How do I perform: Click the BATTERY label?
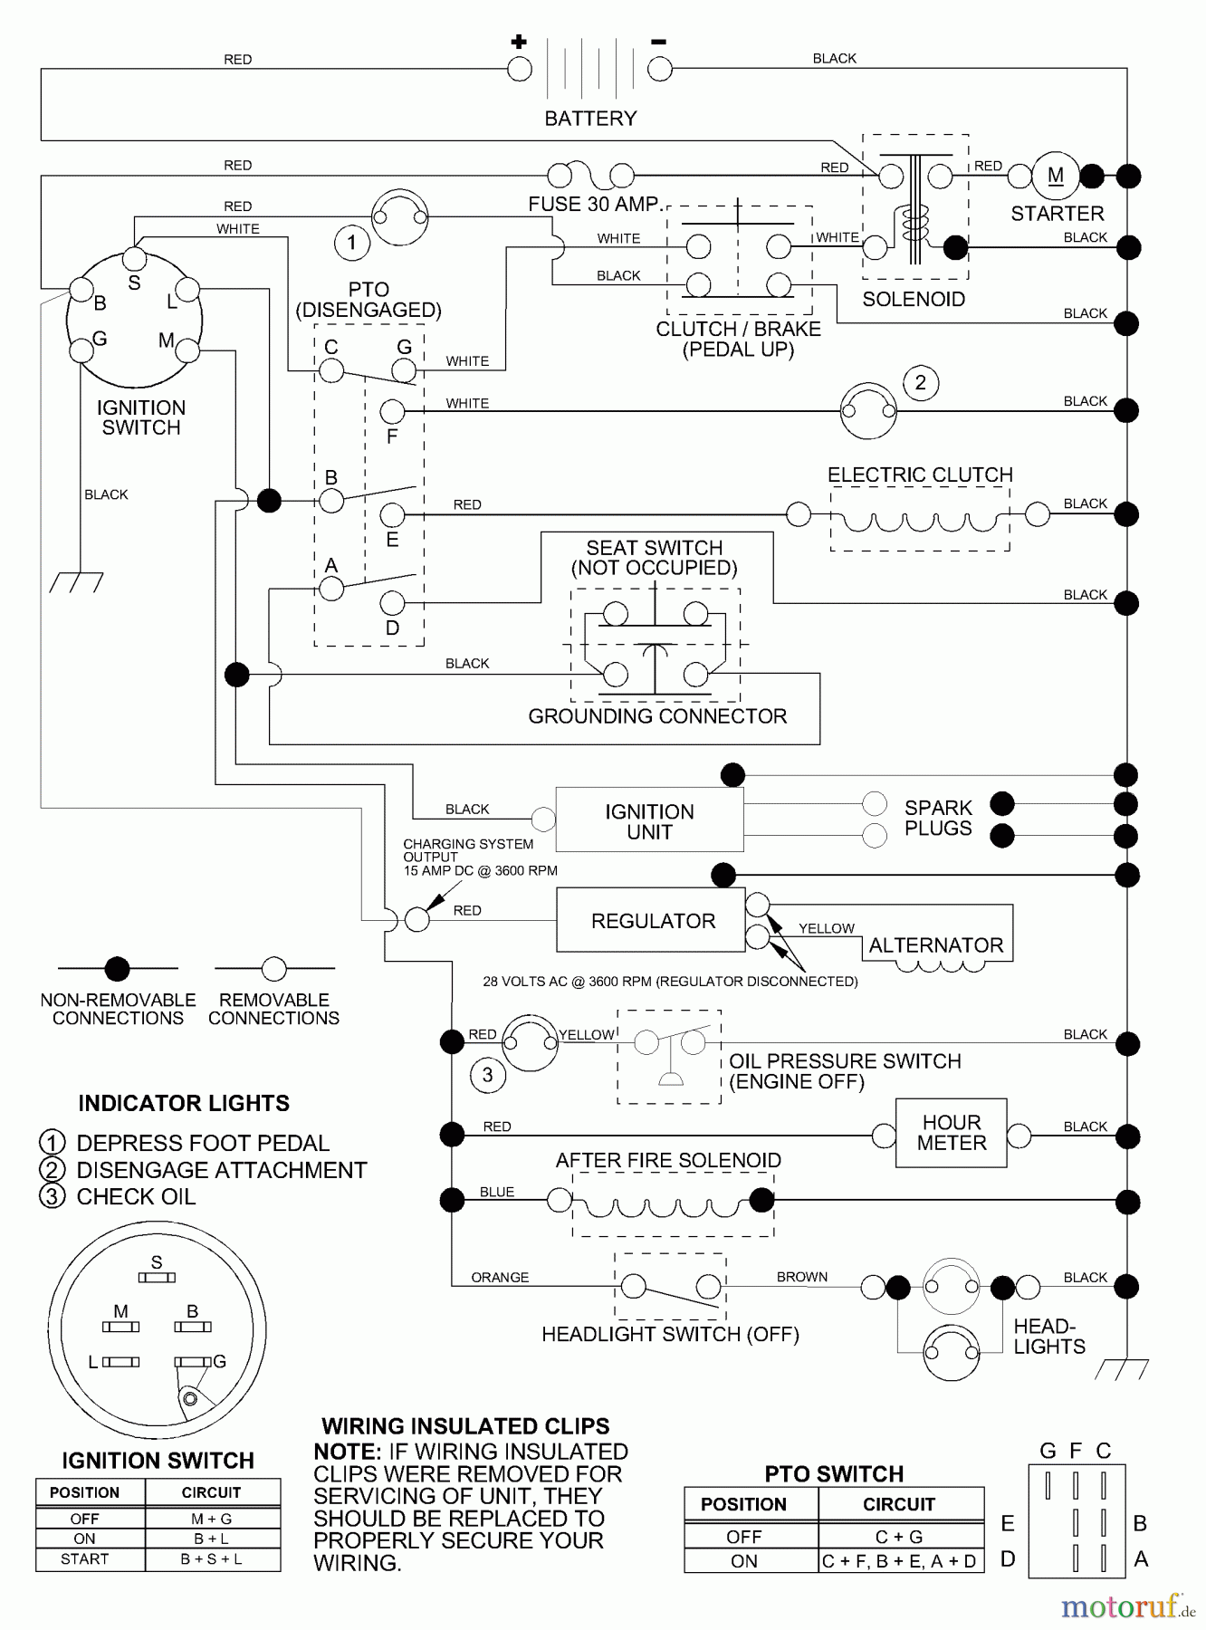pos(590,119)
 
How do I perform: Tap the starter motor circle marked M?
pos(1056,176)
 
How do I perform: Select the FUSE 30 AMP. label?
pos(595,205)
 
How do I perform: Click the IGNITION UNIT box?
pos(649,821)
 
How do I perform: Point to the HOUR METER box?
pos(951,1133)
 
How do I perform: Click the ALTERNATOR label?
pos(936,945)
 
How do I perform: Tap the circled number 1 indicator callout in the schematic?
pos(351,243)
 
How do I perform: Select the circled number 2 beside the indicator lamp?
pos(920,382)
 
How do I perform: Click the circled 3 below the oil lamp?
pos(487,1075)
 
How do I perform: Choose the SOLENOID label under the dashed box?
pos(914,300)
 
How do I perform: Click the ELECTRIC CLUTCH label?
pos(920,475)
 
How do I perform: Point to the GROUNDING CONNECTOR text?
pos(657,716)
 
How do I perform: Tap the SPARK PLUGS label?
pos(938,818)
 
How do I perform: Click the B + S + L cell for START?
pos(211,1559)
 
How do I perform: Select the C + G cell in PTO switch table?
pos(899,1537)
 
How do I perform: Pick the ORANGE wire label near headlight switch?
pos(500,1278)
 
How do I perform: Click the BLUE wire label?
pos(497,1193)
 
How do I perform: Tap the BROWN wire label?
pos(802,1277)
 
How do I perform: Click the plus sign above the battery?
pos(519,41)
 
